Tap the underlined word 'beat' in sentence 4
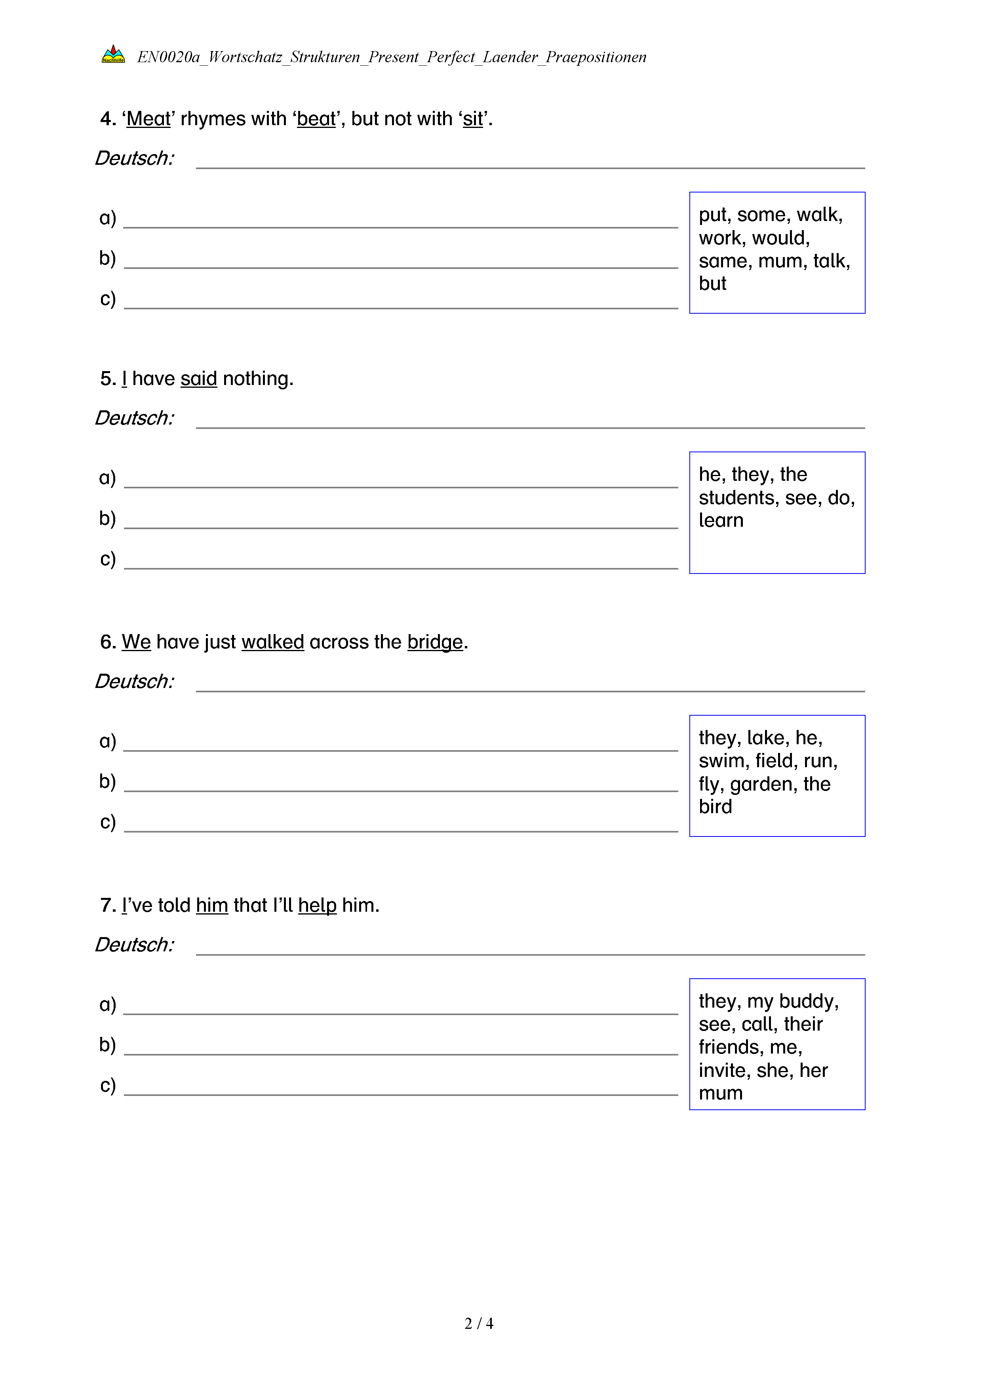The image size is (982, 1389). point(316,119)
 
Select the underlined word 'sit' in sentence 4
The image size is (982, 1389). point(473,119)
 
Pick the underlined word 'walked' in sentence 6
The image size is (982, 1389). point(273,642)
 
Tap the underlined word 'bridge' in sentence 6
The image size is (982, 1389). point(435,642)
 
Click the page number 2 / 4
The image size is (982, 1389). point(478,1324)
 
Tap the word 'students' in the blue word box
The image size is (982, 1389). point(738,498)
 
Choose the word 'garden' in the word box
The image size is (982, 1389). point(763,785)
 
